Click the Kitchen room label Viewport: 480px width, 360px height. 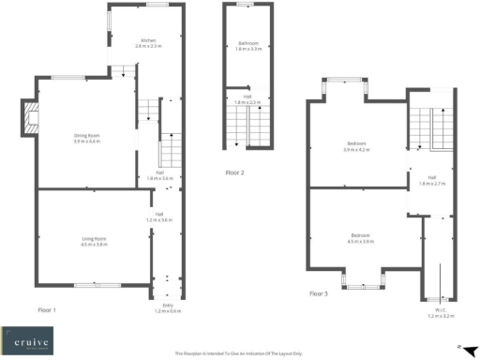[x=148, y=41]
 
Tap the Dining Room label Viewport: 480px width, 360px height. [x=87, y=136]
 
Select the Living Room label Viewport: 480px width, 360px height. [x=94, y=239]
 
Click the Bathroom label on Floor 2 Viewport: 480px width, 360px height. [x=248, y=43]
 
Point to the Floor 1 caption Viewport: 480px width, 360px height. [x=47, y=308]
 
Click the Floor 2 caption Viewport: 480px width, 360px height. [x=235, y=172]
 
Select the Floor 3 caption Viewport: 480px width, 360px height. [x=320, y=293]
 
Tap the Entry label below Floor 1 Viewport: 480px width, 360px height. [x=169, y=305]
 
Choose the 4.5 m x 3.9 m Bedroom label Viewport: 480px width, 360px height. [x=360, y=234]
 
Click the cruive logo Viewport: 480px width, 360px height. [x=27, y=337]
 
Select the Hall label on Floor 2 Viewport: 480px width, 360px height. [x=247, y=97]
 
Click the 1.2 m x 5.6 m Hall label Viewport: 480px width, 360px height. [x=163, y=217]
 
